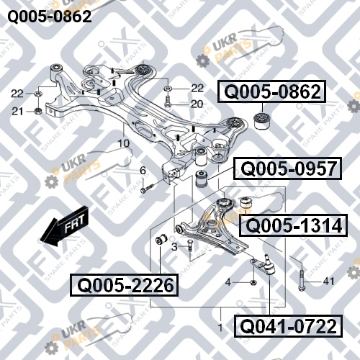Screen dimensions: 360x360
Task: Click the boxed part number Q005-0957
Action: click(287, 168)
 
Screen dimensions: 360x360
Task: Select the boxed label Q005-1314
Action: click(293, 225)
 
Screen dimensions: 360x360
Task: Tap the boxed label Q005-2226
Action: click(124, 285)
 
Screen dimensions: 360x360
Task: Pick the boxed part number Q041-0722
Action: click(288, 326)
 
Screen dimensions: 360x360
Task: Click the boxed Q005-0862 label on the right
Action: click(272, 91)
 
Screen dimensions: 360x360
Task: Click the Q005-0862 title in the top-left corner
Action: click(50, 17)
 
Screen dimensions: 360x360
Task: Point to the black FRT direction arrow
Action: click(64, 226)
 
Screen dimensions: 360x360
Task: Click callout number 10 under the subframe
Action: click(124, 143)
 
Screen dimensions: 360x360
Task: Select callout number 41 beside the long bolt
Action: click(328, 281)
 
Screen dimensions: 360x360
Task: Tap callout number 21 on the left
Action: click(18, 112)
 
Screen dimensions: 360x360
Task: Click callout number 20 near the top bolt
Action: click(197, 104)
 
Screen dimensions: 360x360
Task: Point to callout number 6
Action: click(143, 171)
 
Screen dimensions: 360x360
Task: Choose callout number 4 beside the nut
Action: click(228, 282)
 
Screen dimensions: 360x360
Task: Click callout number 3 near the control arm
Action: click(175, 247)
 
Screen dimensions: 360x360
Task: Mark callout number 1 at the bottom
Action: click(220, 328)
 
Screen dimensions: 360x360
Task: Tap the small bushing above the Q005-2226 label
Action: click(161, 240)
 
